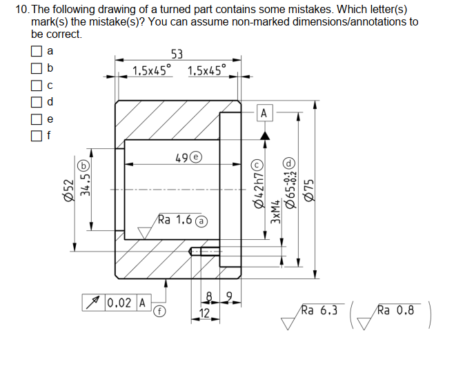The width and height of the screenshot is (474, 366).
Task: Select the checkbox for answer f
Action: [37, 136]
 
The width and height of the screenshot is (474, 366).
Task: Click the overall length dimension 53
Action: [177, 54]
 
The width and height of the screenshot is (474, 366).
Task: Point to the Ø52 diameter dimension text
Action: [68, 187]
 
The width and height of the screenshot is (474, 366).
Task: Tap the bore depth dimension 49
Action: [182, 158]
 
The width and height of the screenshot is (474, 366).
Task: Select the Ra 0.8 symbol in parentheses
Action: [393, 312]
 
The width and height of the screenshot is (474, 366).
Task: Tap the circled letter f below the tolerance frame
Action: [158, 311]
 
